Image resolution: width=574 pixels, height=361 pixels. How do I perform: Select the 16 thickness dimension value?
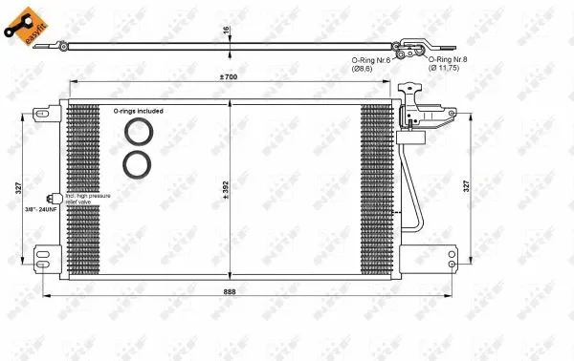(x=227, y=31)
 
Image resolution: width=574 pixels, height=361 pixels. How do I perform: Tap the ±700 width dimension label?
(x=230, y=75)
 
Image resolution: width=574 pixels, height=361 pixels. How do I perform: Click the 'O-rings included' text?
(x=139, y=111)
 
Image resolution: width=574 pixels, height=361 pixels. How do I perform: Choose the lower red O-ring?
(x=138, y=164)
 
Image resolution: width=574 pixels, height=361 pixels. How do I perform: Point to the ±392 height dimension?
(x=226, y=188)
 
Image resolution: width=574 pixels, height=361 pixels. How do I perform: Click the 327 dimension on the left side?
(x=18, y=188)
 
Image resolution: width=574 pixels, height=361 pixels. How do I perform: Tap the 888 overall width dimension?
(x=230, y=290)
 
